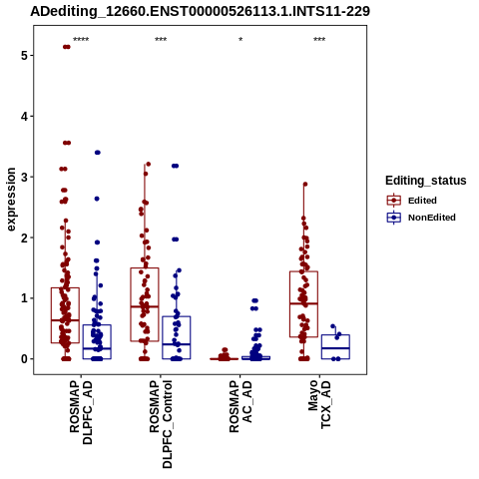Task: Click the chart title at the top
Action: point(200,12)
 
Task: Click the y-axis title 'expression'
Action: point(11,200)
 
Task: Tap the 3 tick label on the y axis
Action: point(24,177)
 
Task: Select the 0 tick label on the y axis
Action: point(24,359)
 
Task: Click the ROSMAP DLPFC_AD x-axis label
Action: point(81,412)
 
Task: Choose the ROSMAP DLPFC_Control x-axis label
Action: point(161,424)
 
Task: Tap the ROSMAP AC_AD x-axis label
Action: point(240,406)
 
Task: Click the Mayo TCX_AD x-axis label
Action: point(319,404)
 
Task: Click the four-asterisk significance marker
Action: point(81,40)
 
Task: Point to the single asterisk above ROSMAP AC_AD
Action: point(240,39)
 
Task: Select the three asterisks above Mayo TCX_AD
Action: point(319,40)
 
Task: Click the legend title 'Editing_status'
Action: point(426,181)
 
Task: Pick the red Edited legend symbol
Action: point(394,201)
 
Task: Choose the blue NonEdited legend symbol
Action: point(394,218)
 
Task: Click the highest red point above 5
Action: point(67,47)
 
